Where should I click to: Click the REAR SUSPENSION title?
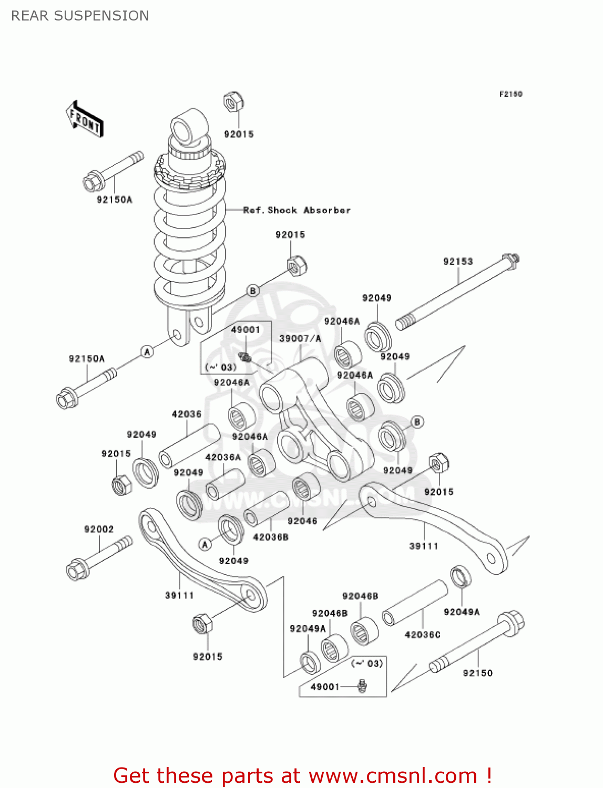click(x=80, y=16)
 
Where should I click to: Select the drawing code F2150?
click(x=510, y=94)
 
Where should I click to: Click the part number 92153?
click(x=457, y=261)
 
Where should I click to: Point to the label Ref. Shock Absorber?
click(x=297, y=210)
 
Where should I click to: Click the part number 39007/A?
click(x=300, y=338)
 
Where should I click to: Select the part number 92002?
click(x=99, y=529)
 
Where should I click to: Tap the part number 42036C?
click(x=422, y=635)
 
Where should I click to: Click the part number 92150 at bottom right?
click(x=477, y=673)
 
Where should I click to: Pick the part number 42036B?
click(x=270, y=537)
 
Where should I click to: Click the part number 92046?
click(x=302, y=521)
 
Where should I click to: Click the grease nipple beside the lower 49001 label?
click(x=362, y=686)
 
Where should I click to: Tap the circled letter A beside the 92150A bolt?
click(x=147, y=352)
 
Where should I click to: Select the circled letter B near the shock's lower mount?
click(x=253, y=291)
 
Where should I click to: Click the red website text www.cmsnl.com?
click(x=392, y=775)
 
